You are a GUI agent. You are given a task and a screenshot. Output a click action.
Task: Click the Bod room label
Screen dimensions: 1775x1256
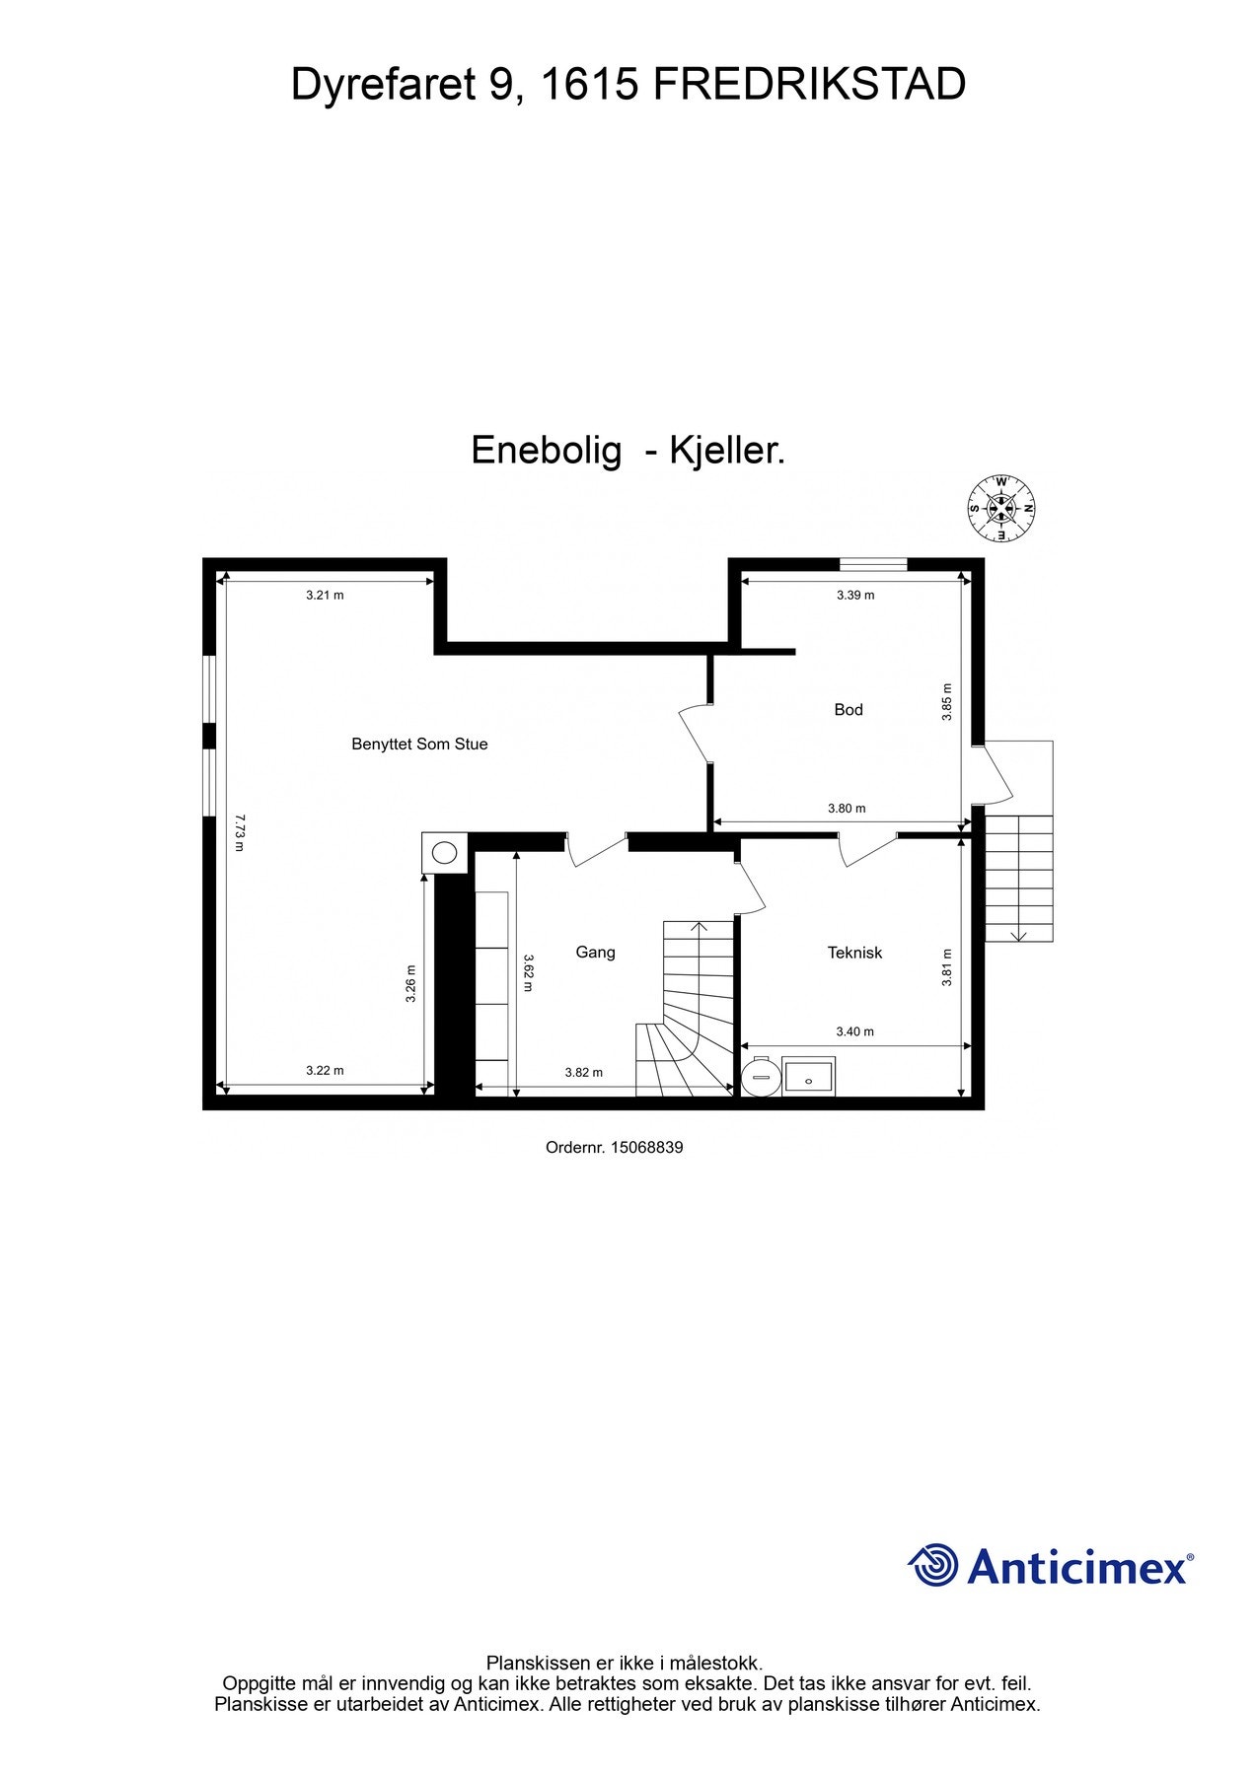click(x=848, y=709)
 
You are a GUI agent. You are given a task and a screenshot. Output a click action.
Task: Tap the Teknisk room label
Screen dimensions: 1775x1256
click(x=854, y=953)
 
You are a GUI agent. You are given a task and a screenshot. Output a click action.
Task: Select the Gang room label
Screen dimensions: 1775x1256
click(x=595, y=952)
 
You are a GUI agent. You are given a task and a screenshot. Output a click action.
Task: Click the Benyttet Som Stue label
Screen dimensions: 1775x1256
click(x=419, y=745)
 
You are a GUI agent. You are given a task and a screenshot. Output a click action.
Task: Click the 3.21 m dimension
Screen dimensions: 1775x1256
click(x=325, y=595)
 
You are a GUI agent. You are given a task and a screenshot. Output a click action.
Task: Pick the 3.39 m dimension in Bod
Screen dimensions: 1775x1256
click(x=855, y=595)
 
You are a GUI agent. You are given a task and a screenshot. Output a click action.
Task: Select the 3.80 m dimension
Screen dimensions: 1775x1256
click(x=847, y=809)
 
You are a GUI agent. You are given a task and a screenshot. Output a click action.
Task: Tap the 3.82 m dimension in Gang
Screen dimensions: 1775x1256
click(x=583, y=1072)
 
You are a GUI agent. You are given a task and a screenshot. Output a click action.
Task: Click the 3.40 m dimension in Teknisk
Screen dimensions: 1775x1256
click(x=854, y=1031)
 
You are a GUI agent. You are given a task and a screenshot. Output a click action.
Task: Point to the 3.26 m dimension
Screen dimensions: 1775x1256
click(x=411, y=983)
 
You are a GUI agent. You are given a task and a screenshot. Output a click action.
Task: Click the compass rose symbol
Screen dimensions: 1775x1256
click(x=1001, y=509)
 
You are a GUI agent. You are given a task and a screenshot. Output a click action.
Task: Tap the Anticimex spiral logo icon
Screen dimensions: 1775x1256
click(x=932, y=1565)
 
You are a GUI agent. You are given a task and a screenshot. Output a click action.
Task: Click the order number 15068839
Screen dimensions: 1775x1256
click(x=647, y=1148)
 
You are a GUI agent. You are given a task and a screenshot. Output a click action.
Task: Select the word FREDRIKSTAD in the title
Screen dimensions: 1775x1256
click(x=809, y=85)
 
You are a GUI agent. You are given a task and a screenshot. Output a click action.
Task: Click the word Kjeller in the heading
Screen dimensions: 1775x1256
click(x=727, y=451)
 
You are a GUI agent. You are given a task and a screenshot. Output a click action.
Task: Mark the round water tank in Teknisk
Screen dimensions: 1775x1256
click(x=760, y=1077)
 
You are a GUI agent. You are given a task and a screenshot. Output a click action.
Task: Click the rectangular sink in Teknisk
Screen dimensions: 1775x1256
click(x=809, y=1077)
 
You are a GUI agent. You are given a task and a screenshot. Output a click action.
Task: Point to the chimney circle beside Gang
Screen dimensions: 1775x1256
click(x=446, y=852)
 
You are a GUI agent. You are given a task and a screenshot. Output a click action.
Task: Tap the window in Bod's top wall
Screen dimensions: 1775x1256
click(x=872, y=565)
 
